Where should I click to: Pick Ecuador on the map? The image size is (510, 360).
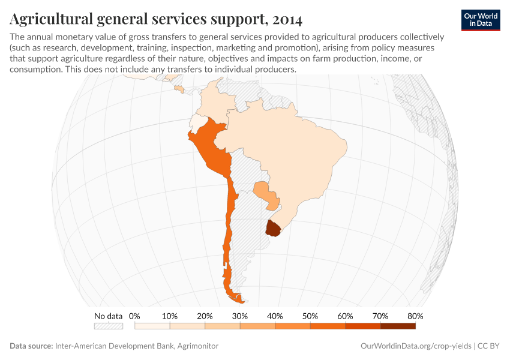click(196, 121)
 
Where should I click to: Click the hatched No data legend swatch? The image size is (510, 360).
click(108, 326)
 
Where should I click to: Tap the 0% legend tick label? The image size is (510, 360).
click(134, 316)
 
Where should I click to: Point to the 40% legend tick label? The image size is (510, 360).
click(275, 316)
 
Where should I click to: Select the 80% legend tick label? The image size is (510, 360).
click(415, 316)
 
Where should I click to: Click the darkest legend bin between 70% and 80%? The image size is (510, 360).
click(398, 326)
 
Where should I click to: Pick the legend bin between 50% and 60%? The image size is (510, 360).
click(328, 326)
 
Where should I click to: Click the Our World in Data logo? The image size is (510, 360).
click(481, 20)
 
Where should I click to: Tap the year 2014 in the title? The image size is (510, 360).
click(287, 20)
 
